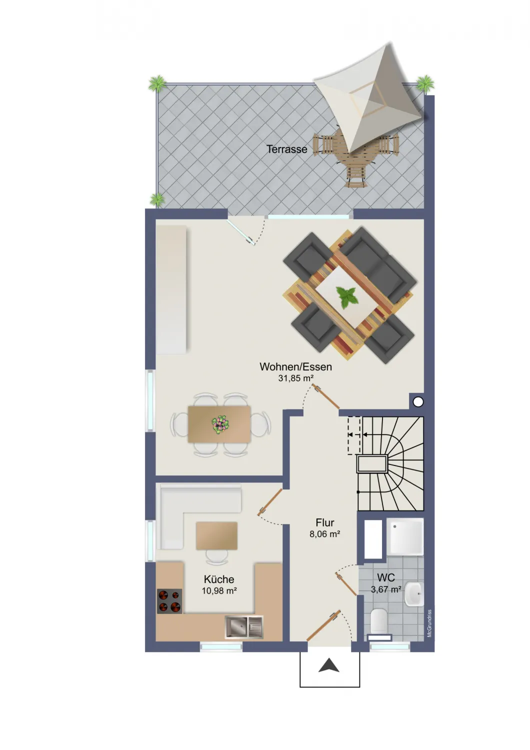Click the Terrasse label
(x=286, y=149)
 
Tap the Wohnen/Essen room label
(x=295, y=366)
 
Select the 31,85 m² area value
(x=295, y=378)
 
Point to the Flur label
(x=325, y=522)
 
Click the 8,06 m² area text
(x=325, y=534)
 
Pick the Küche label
(x=219, y=579)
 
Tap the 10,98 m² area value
(x=219, y=591)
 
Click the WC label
(x=385, y=577)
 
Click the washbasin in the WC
(x=414, y=593)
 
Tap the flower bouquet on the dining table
(x=220, y=425)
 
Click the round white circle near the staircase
(x=418, y=402)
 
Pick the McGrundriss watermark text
(x=429, y=623)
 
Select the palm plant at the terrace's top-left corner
(x=157, y=83)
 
